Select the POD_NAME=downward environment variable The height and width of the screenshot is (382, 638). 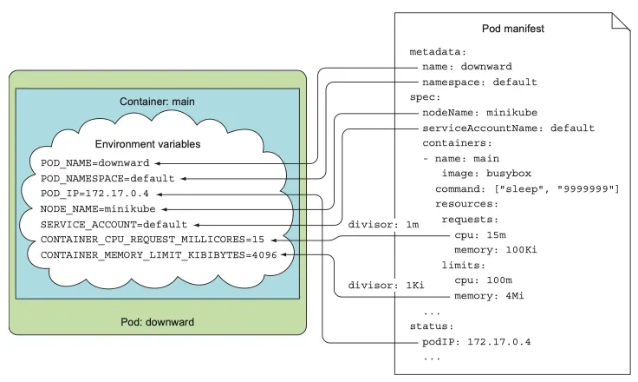click(95, 162)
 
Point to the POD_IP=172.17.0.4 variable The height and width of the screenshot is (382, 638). click(95, 194)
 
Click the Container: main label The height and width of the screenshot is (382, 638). click(157, 102)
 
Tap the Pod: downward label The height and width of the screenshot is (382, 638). click(157, 322)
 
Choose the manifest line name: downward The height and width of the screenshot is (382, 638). click(468, 67)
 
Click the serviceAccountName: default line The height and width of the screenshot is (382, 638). click(508, 128)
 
